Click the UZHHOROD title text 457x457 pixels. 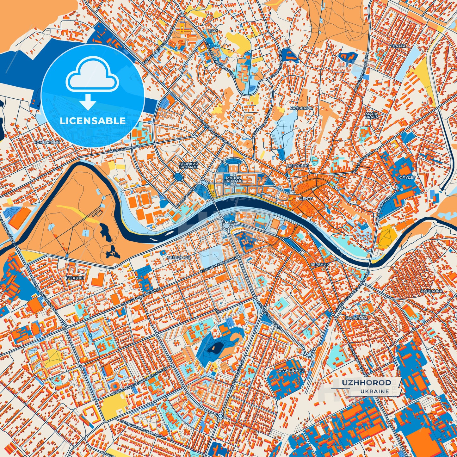[366, 383]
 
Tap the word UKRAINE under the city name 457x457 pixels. [374, 391]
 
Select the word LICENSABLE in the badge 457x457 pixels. [93, 121]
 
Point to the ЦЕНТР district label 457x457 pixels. [306, 199]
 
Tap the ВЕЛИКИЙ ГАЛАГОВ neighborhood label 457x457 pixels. [188, 165]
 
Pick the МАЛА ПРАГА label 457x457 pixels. [371, 115]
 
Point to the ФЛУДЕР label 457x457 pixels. [407, 177]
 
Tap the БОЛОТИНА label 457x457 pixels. [356, 318]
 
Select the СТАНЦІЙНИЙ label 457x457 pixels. [291, 370]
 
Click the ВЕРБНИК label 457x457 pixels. [320, 264]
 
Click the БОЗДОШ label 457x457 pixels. [75, 277]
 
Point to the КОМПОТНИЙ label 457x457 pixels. [47, 143]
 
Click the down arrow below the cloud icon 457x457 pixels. [88, 103]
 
